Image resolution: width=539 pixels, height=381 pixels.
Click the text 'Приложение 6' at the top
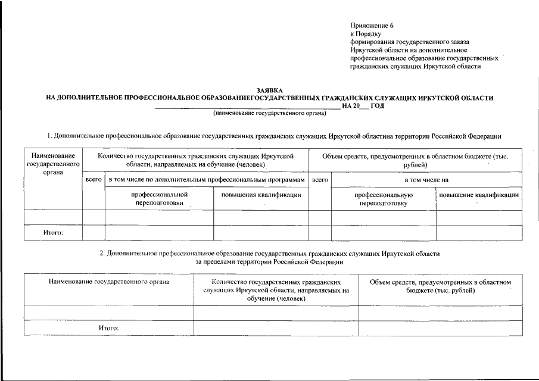pos(372,26)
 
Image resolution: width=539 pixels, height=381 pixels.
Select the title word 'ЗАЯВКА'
pos(269,90)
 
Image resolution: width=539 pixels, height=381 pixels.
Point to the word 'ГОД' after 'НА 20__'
pos(377,105)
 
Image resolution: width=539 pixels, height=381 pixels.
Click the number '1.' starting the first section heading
pos(50,136)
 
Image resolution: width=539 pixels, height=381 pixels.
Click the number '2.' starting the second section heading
pos(102,254)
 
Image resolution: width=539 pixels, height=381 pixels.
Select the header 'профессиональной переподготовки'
pos(159,198)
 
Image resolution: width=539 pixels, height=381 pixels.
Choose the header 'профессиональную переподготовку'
pos(384,198)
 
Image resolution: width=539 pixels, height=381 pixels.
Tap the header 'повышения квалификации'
pos(261,195)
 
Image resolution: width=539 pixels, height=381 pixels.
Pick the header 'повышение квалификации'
pos(479,195)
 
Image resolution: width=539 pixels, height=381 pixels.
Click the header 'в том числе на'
pos(426,179)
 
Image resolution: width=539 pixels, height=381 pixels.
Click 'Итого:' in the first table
pos(53,233)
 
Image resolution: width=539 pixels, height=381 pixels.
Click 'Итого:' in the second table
pos(109,328)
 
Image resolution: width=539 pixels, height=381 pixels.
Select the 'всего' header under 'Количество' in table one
pos(94,179)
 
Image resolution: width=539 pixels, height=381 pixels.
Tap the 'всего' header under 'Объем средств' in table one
pos(320,179)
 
